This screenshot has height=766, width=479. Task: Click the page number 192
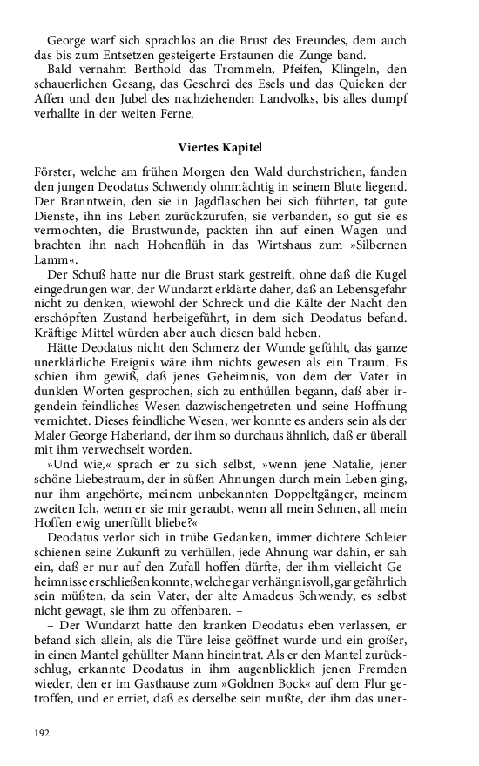42,733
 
